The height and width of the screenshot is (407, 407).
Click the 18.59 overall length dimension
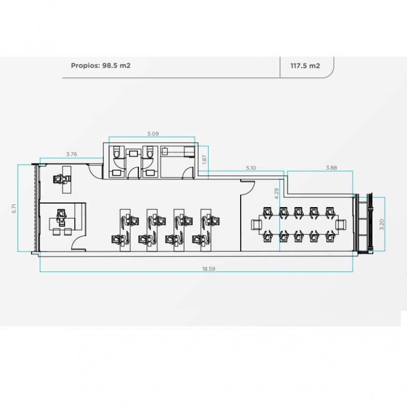coord(209,269)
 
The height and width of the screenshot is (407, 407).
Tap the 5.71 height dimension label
coord(14,209)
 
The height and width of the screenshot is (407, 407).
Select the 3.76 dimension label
coord(72,154)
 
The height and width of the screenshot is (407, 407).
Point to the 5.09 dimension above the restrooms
coord(153,134)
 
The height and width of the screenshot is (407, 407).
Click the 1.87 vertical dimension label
coord(205,159)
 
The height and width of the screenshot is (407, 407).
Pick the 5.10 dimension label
coord(251,168)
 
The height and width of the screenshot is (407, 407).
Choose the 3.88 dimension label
coord(332,168)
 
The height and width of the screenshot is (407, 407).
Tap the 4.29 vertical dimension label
coord(277,194)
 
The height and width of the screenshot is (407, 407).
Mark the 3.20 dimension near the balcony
coord(381,224)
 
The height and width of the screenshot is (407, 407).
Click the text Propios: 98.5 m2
coord(101,66)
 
